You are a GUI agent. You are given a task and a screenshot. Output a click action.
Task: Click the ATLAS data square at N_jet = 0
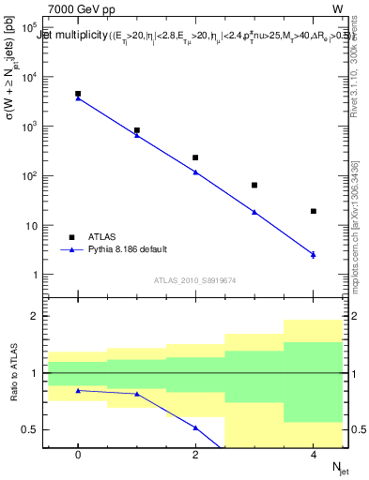tap(78, 94)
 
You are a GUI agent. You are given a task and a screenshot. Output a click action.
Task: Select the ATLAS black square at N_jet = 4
tap(313, 211)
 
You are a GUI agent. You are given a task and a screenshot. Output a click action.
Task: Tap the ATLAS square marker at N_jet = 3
tap(254, 185)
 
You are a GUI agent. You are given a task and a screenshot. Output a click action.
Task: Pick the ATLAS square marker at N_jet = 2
tap(195, 157)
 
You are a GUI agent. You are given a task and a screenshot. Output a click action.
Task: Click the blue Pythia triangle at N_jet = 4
tap(313, 254)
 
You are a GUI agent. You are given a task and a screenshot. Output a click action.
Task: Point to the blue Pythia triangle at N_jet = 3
tap(254, 212)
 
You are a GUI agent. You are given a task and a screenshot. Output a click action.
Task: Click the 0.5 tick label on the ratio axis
tap(30, 429)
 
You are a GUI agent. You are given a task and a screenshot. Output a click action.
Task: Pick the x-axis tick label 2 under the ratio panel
tap(195, 455)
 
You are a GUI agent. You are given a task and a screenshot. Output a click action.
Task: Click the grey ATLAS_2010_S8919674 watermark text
tap(196, 279)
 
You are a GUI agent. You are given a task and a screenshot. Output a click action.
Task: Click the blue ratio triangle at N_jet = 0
tap(78, 390)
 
